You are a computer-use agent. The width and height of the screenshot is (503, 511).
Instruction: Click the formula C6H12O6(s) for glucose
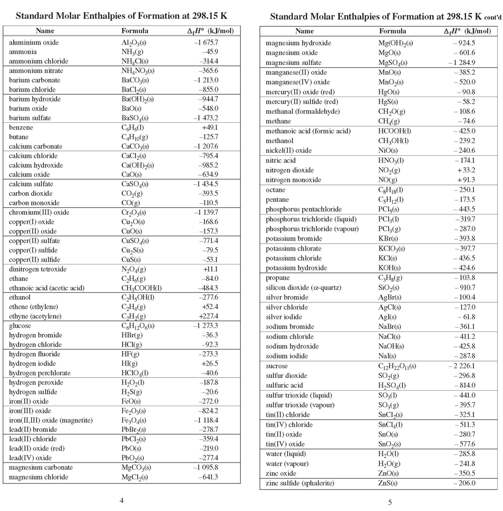pos(139,326)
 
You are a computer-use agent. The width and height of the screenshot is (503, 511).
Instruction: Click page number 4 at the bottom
pos(122,500)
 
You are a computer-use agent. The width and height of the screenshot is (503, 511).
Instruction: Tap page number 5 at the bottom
pos(390,502)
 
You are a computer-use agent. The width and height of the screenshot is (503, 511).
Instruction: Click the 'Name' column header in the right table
pos(304,31)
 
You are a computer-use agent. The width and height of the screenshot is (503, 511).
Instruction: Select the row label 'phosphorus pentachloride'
pos(303,209)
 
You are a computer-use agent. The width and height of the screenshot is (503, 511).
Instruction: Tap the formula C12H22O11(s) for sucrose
pos(397,366)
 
